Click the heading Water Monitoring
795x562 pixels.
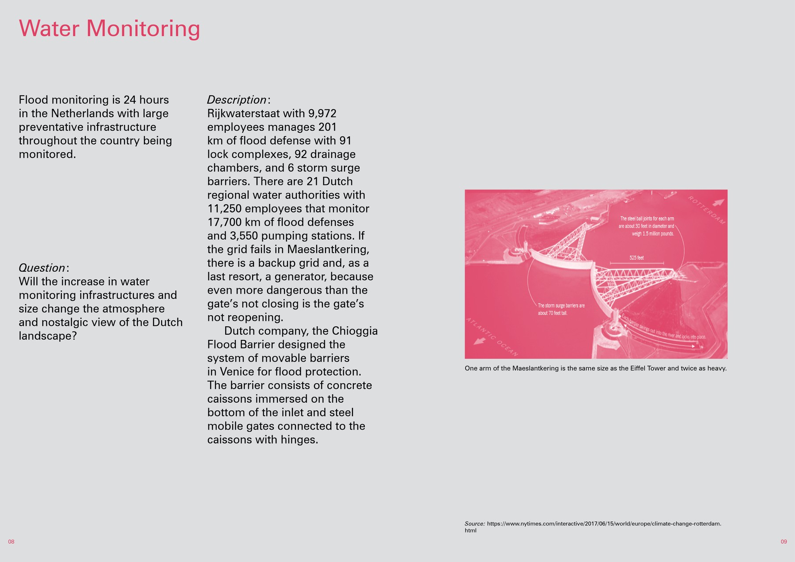coord(110,29)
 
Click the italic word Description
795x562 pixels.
coord(237,100)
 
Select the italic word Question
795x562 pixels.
coord(42,268)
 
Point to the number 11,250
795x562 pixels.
coord(224,209)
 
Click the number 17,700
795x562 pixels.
coord(224,223)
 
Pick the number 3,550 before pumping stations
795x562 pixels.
coord(245,236)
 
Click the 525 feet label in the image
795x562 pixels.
coord(636,258)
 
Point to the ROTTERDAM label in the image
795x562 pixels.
coord(706,210)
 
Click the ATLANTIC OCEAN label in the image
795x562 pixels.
coord(492,337)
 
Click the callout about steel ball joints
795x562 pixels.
coord(647,226)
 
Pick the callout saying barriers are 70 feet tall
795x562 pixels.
coord(561,309)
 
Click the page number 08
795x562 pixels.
coord(11,542)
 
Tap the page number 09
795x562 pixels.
coord(784,542)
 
